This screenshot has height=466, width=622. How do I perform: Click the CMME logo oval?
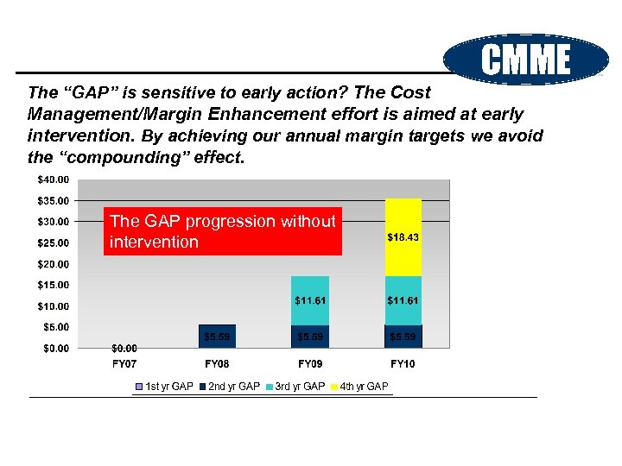click(526, 60)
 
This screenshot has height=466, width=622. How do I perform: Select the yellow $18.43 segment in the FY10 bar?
click(403, 236)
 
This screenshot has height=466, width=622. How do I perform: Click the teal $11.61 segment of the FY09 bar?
click(309, 300)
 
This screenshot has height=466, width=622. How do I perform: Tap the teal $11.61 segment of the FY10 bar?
click(403, 300)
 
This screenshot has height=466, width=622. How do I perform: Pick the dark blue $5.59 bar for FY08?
click(217, 336)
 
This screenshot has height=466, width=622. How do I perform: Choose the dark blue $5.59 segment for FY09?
click(309, 336)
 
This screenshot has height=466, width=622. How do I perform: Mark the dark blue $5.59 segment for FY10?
click(403, 336)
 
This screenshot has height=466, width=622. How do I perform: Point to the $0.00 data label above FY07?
click(124, 349)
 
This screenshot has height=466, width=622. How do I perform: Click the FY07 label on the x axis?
click(124, 364)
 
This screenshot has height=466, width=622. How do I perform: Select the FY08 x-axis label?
click(217, 364)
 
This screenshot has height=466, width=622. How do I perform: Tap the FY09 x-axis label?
click(309, 364)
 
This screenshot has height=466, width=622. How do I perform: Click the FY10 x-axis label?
click(403, 364)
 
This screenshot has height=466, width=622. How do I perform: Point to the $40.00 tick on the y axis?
click(54, 179)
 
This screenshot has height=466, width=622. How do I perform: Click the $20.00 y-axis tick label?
click(54, 264)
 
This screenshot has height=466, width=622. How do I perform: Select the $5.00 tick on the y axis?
click(56, 327)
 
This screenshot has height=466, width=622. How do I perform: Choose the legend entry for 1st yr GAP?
click(163, 387)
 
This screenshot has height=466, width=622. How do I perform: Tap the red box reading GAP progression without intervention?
click(222, 231)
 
